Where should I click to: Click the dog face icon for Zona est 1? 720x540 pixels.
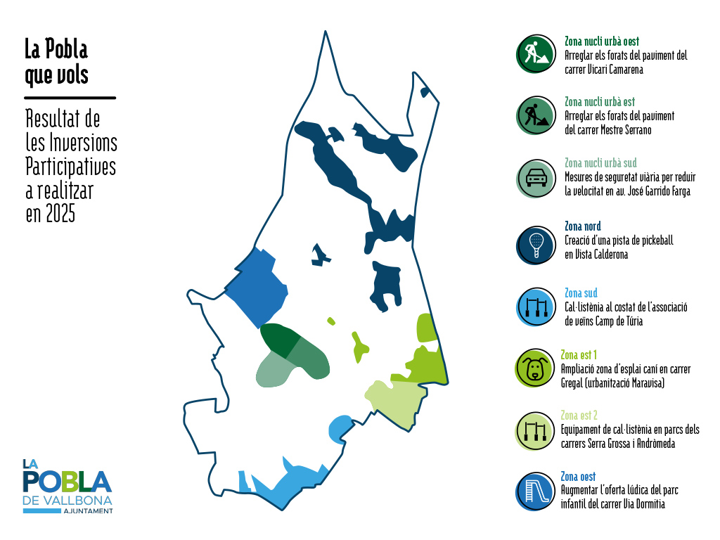coord(534,368)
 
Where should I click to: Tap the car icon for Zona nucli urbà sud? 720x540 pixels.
coord(536,178)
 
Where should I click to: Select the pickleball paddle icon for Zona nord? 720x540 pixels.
coord(536,245)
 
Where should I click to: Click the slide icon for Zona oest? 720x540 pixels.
coord(535,491)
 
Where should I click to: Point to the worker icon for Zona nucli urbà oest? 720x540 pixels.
coord(536,53)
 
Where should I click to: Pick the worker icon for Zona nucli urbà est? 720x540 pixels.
coord(536,115)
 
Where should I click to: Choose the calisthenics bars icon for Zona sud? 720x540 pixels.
coord(536,307)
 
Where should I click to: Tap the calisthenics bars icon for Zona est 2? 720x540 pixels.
coord(535,431)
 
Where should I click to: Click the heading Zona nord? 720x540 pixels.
coord(582,226)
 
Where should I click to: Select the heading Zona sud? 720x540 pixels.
coord(581,292)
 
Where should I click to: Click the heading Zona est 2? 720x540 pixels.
coord(579,415)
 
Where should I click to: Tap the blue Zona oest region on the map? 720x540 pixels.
coord(257,287)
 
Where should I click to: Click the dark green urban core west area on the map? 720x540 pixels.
coord(279,339)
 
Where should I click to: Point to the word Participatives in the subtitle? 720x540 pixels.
coord(71,167)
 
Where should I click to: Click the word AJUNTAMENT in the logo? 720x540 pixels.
coord(88,510)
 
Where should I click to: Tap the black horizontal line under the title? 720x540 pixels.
coord(70,98)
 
